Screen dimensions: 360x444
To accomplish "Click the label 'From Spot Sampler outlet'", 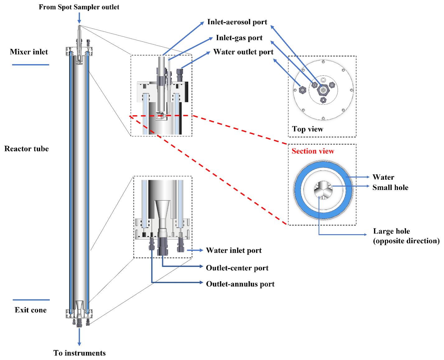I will pyautogui.click(x=79, y=7).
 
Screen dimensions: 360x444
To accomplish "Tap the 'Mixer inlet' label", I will pyautogui.click(x=29, y=52).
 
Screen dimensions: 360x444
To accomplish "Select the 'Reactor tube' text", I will pyautogui.click(x=26, y=149).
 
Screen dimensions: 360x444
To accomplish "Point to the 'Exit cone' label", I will pyautogui.click(x=31, y=310).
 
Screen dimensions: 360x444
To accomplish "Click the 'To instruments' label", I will pyautogui.click(x=79, y=353).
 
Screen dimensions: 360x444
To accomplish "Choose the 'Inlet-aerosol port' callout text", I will pyautogui.click(x=237, y=22).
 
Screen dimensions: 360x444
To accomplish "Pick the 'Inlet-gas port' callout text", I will pyautogui.click(x=239, y=38).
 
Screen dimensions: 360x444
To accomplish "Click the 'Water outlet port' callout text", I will pyautogui.click(x=243, y=52).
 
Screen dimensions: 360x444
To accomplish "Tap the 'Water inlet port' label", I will pyautogui.click(x=234, y=250).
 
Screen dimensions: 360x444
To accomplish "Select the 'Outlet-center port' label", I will pyautogui.click(x=237, y=268).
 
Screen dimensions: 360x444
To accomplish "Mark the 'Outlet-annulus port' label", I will pyautogui.click(x=240, y=284).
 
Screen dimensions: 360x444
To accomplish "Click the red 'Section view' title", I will pyautogui.click(x=313, y=151).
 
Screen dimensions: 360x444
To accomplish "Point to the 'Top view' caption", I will pyautogui.click(x=307, y=129).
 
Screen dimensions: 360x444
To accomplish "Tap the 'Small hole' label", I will pyautogui.click(x=390, y=187).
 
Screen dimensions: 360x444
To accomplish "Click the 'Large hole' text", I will pyautogui.click(x=391, y=231).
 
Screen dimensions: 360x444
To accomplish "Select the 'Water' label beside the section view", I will pyautogui.click(x=383, y=177).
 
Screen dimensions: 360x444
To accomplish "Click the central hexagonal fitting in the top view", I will pyautogui.click(x=323, y=90).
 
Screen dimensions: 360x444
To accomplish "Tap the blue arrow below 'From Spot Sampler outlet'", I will pyautogui.click(x=79, y=18).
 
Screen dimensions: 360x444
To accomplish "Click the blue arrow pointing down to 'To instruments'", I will pyautogui.click(x=79, y=336).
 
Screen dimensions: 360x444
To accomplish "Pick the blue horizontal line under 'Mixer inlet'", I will pyautogui.click(x=31, y=65).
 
